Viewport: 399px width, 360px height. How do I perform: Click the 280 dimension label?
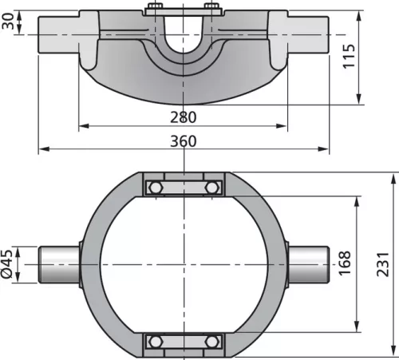coord(184,117)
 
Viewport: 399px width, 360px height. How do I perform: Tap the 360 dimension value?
coord(184,141)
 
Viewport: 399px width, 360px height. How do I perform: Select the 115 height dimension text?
coord(349,57)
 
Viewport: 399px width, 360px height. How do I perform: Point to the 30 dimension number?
coord(7,21)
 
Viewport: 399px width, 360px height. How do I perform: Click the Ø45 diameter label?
coord(6,264)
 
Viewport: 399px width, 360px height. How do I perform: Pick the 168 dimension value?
coord(345,263)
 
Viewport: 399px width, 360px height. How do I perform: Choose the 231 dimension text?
coord(383,264)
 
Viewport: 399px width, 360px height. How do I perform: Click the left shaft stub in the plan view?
coord(60,265)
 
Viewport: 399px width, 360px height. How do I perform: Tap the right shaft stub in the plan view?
coord(309,265)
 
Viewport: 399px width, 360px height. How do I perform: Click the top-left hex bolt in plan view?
coord(155,188)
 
